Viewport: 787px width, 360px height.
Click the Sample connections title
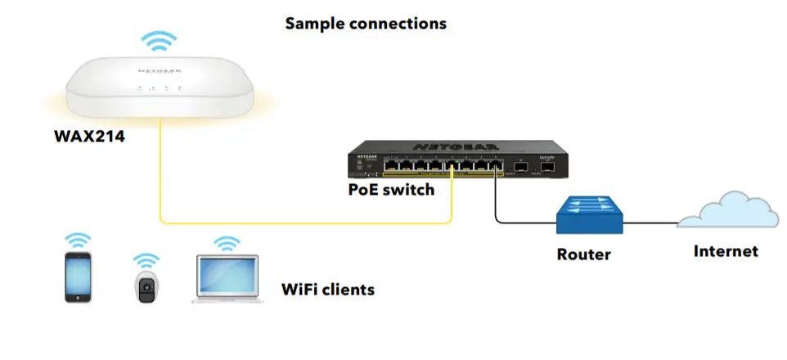coord(366,23)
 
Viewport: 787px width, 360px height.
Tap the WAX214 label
coord(89,137)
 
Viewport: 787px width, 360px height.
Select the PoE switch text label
coord(391,190)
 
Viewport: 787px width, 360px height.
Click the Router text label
coord(583,254)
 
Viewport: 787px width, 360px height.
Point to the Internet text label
coord(726,251)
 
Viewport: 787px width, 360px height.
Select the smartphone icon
coord(79,278)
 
